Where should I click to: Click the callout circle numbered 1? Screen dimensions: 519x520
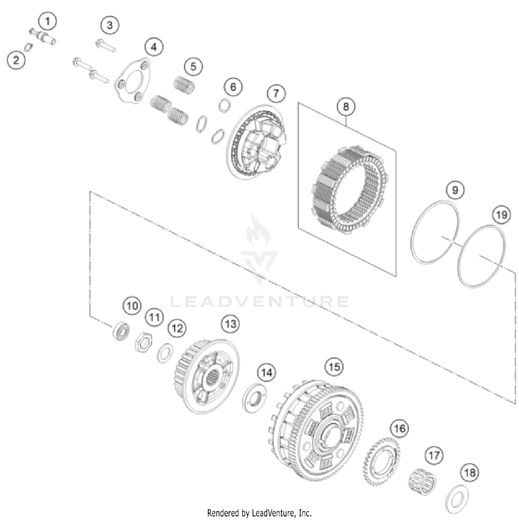point(48,21)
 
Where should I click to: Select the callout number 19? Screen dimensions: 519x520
point(502,215)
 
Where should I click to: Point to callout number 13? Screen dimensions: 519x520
point(230,324)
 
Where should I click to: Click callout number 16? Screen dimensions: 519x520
point(399,429)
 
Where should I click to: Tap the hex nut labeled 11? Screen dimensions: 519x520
point(142,342)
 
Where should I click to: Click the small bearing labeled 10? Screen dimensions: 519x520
point(121,331)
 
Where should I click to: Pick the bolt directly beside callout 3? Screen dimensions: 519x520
point(105,46)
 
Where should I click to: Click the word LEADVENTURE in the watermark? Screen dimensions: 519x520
point(259,301)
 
